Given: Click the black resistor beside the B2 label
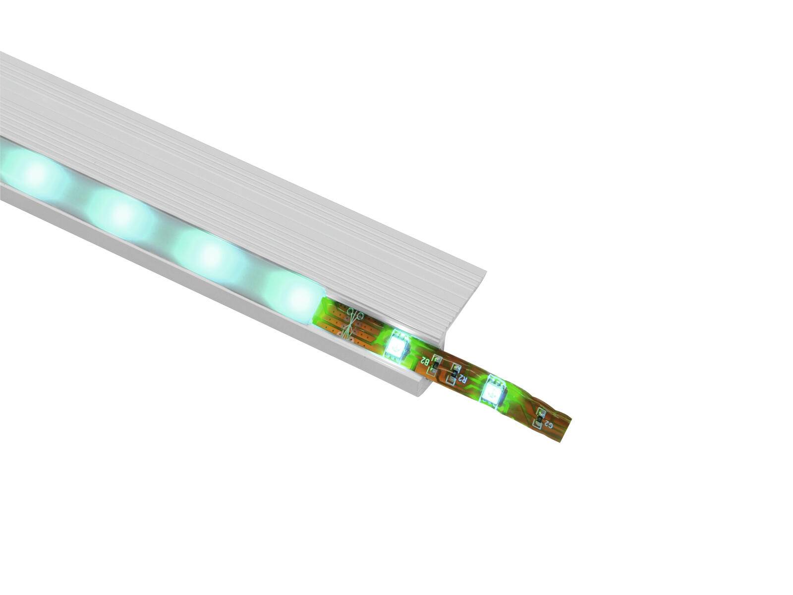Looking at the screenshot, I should [436, 365].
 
